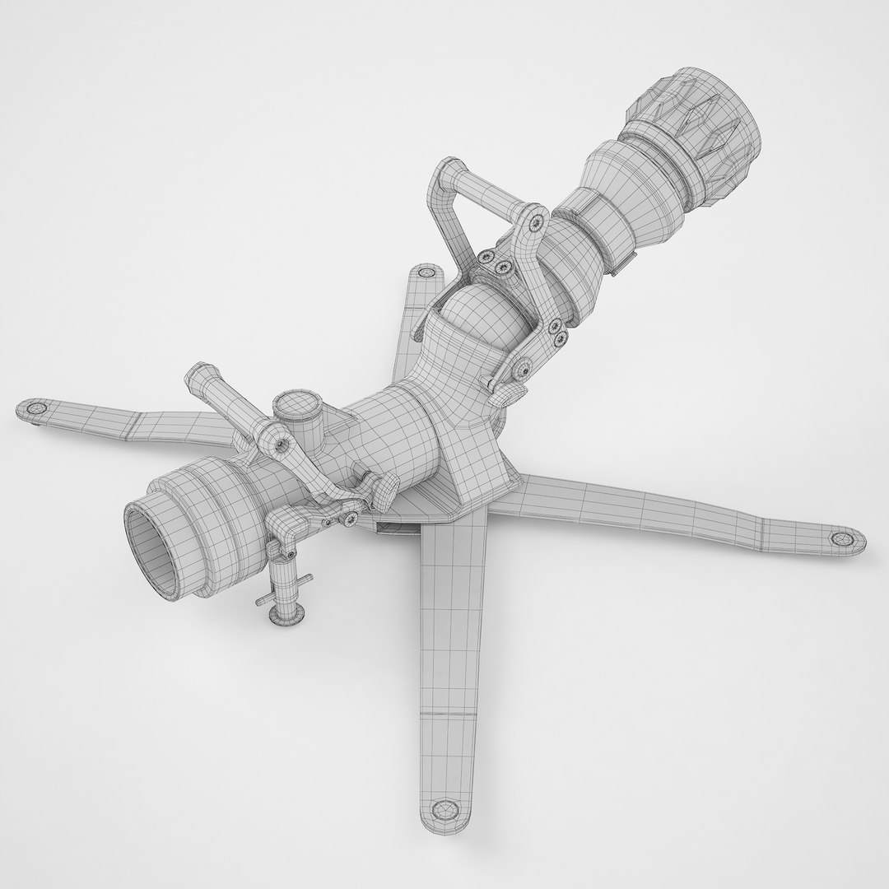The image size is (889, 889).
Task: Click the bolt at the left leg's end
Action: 35,408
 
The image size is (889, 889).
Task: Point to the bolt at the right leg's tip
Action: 840,538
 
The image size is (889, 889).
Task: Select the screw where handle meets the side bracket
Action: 538,220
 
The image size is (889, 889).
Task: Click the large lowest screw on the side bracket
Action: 522,371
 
